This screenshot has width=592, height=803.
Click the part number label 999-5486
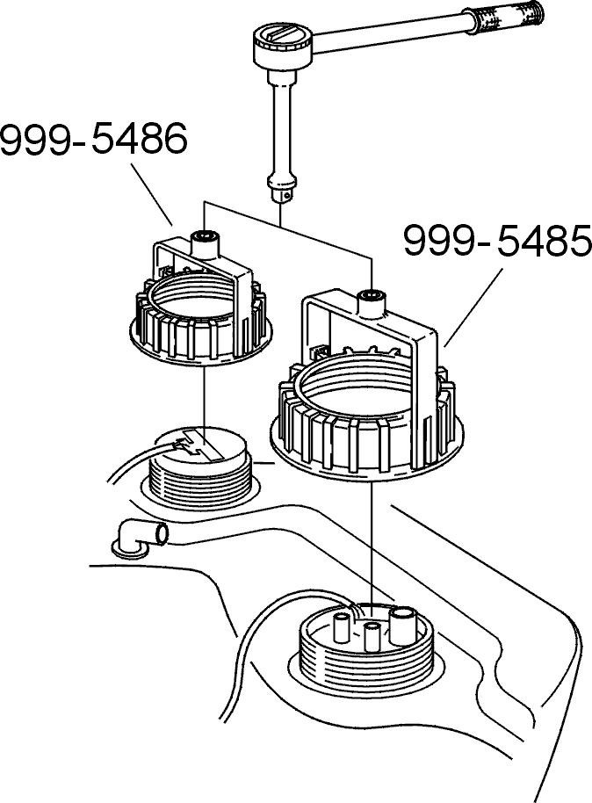point(94,140)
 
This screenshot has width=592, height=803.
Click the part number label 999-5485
point(497,241)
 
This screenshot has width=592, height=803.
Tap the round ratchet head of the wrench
point(282,45)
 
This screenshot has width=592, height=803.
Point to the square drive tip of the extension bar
point(281,196)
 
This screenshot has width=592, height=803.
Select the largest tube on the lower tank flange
point(403,625)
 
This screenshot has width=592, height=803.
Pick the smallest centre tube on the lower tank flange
point(372,637)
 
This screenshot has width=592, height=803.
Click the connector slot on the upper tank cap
point(199,446)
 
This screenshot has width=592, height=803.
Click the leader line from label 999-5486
point(152,195)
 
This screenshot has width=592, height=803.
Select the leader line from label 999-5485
point(473,308)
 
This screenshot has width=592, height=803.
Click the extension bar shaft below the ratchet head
point(280,124)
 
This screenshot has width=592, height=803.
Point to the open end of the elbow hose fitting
point(162,534)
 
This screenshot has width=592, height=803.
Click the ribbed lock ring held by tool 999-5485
point(366,433)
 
